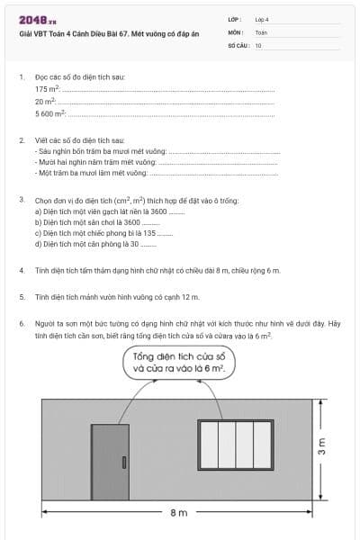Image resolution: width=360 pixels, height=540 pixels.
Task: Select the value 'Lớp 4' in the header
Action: (262, 19)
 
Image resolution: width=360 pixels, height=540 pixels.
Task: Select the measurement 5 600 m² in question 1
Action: (50, 114)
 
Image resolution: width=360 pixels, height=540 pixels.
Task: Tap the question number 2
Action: (22, 141)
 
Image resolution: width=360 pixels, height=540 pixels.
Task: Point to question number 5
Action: (22, 295)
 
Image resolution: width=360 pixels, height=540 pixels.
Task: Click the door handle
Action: (123, 463)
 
